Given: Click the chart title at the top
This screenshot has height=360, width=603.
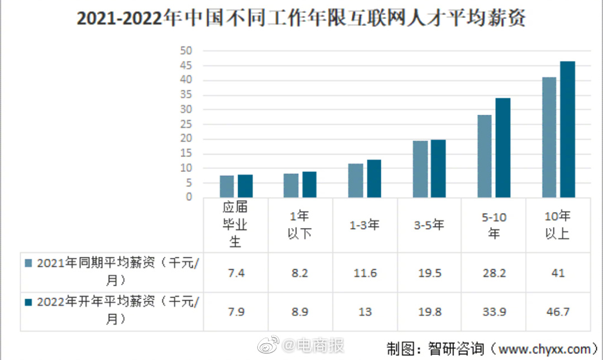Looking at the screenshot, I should click(301, 20).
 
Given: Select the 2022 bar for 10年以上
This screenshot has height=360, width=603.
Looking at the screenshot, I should click(567, 129).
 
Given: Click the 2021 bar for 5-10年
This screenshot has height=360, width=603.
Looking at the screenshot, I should click(485, 156).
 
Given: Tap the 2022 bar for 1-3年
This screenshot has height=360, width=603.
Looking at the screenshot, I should click(374, 178).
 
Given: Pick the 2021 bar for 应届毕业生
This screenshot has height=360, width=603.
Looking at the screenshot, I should click(227, 186).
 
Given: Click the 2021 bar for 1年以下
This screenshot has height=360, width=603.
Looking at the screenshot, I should click(291, 185).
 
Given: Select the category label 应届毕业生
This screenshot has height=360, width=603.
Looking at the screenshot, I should click(234, 224).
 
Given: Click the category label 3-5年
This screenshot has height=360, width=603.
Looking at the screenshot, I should click(429, 225).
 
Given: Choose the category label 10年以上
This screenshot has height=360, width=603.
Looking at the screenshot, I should click(557, 224).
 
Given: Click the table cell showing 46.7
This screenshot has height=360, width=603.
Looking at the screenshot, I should click(557, 311).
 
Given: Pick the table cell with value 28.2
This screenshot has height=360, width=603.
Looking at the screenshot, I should click(494, 273).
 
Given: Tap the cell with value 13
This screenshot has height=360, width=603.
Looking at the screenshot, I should click(365, 311).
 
